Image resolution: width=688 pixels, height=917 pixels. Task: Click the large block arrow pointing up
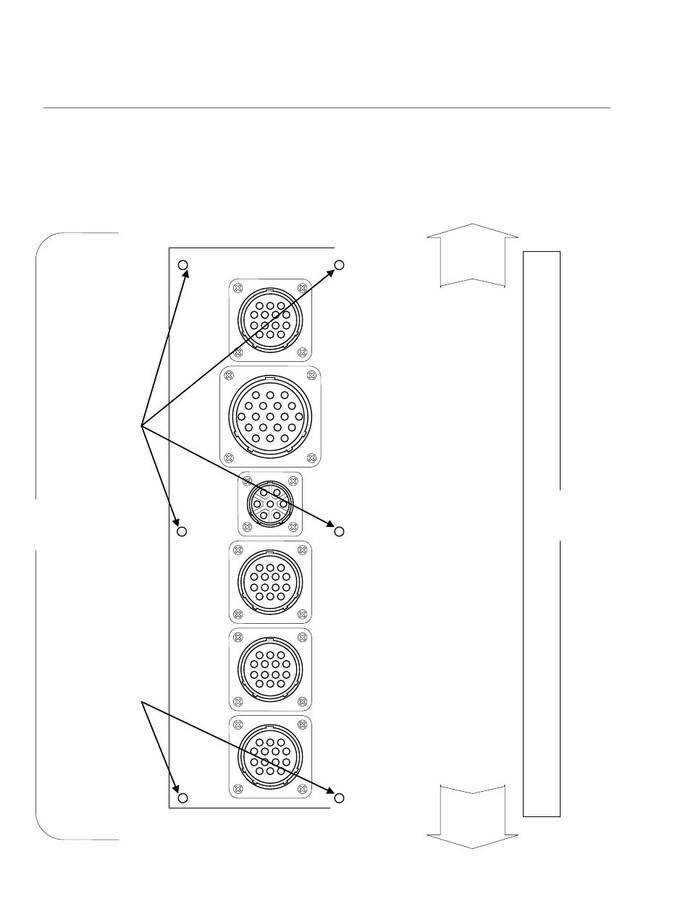point(472,256)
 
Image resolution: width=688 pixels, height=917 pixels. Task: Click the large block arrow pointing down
point(472,818)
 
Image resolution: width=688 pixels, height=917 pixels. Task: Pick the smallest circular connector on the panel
point(270,503)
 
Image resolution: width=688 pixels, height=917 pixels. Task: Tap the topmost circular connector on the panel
point(270,320)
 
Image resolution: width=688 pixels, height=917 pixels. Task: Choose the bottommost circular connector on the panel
point(270,756)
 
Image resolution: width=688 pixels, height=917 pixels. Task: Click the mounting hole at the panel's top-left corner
point(183,265)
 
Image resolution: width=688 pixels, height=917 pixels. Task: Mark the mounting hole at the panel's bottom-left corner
point(183,798)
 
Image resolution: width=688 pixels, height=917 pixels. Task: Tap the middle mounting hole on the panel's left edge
point(183,532)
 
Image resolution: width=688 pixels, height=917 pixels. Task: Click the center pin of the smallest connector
point(270,503)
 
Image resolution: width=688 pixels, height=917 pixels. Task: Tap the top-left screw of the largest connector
point(229,376)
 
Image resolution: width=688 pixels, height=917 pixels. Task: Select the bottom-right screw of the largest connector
point(311,457)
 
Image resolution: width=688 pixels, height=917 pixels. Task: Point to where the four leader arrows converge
point(141,426)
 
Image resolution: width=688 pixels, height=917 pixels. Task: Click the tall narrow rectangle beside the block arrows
point(542,533)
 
